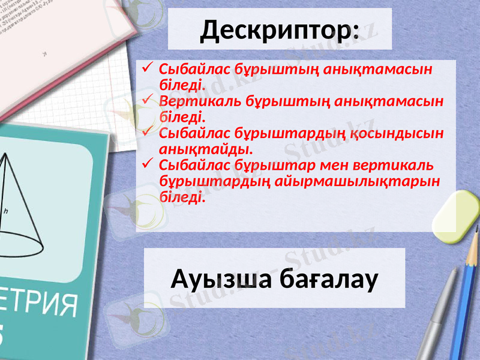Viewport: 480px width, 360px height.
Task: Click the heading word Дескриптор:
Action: coord(280,31)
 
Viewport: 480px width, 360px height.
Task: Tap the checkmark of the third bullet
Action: coord(148,130)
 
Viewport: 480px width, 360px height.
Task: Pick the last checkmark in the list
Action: coord(148,163)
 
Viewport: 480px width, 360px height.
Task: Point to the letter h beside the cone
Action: coord(5,211)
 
